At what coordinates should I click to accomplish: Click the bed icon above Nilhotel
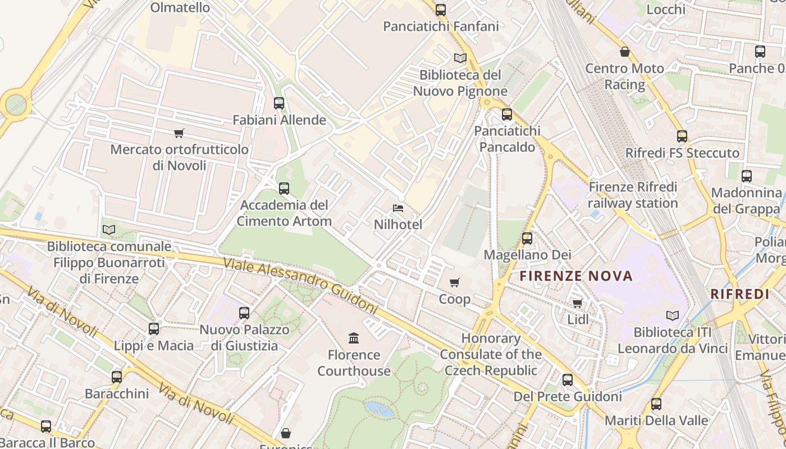pos(398,208)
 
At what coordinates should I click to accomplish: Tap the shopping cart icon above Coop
pos(455,282)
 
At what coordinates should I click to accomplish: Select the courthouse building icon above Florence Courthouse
pos(354,338)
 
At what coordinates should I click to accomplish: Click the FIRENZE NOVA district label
pos(576,276)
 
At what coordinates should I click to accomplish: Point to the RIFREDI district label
pos(739,294)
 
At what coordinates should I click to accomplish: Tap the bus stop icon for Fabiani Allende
pos(279,103)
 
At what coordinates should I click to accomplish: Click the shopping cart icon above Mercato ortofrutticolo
pos(179,133)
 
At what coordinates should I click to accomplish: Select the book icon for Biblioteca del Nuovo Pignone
pos(460,58)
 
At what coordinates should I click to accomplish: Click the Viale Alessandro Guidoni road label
pos(300,286)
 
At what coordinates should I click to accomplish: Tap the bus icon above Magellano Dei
pos(527,239)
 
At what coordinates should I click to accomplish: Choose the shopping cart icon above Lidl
pos(577,303)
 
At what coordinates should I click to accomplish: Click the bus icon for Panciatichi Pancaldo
pos(507,114)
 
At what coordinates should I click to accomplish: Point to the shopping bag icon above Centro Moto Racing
pos(624,52)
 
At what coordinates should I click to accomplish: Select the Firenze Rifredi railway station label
pos(633,195)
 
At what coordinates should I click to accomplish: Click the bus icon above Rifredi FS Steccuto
pos(682,136)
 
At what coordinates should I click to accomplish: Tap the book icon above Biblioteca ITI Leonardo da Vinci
pos(672,315)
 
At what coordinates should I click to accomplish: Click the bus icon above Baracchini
pos(117,377)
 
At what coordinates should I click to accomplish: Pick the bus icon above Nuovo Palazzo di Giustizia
pos(244,313)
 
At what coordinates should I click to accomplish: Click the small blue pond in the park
pos(379,409)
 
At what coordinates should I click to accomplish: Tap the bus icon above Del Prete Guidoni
pos(568,380)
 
